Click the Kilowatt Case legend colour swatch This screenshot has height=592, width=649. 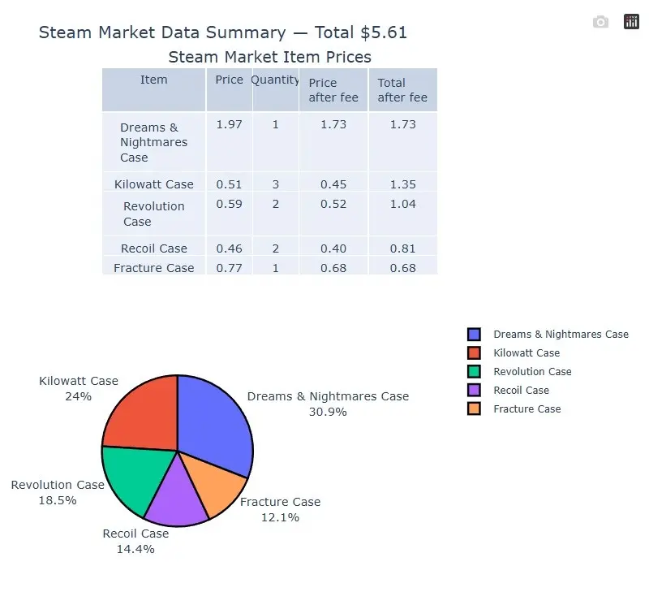pyautogui.click(x=474, y=352)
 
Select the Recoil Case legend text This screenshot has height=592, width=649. pyautogui.click(x=521, y=390)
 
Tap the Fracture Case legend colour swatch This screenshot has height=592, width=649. pyautogui.click(x=474, y=408)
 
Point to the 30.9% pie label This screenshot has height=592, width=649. pyautogui.click(x=328, y=412)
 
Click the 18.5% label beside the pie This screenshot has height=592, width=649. pyautogui.click(x=58, y=500)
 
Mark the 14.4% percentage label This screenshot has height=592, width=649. pyautogui.click(x=135, y=549)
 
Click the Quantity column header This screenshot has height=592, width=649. pyautogui.click(x=275, y=80)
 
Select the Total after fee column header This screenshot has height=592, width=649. pyautogui.click(x=402, y=90)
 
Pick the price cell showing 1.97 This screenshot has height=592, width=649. pyautogui.click(x=230, y=124)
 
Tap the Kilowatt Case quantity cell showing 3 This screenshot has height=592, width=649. pyautogui.click(x=276, y=184)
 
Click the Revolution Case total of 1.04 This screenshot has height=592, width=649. pyautogui.click(x=403, y=204)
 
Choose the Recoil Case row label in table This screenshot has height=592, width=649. pyautogui.click(x=154, y=248)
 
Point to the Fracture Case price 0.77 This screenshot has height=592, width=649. pyautogui.click(x=230, y=268)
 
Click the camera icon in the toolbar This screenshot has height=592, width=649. pyautogui.click(x=600, y=22)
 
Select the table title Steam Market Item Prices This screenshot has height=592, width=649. pyautogui.click(x=269, y=57)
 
